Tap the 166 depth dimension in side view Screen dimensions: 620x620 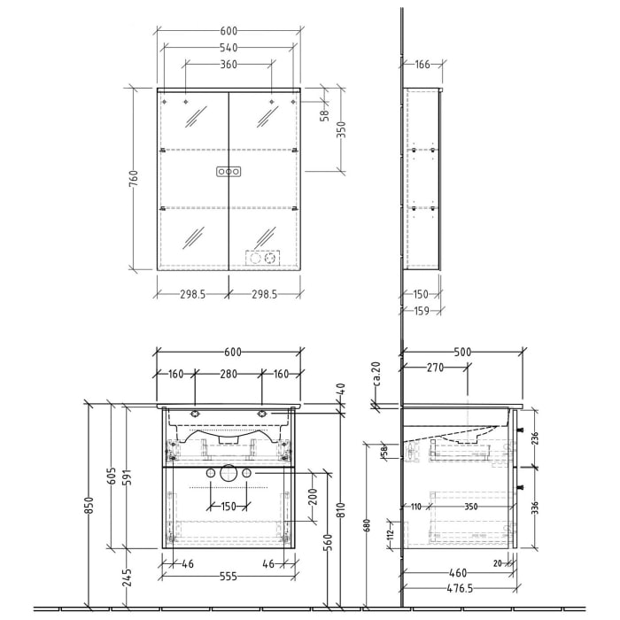click(422, 64)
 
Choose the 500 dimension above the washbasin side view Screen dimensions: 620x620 click(461, 352)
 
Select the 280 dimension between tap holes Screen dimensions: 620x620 click(229, 374)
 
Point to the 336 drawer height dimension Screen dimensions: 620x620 click(534, 507)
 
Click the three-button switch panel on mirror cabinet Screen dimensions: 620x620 click(229, 173)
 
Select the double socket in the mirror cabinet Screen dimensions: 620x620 click(261, 259)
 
